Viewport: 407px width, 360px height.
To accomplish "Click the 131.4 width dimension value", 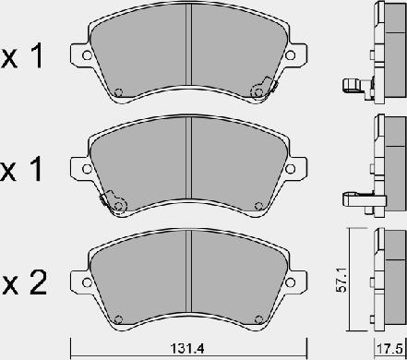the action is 187,349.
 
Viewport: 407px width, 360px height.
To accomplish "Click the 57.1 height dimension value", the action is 341,280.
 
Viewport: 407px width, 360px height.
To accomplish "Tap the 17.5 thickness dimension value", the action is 389,349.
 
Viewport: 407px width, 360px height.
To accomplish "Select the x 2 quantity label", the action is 24,282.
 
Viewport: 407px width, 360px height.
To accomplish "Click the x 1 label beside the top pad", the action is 22,55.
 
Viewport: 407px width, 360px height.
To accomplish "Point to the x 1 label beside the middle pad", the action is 22,169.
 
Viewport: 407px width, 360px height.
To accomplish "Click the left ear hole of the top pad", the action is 87,55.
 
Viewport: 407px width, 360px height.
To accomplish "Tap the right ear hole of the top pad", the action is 290,55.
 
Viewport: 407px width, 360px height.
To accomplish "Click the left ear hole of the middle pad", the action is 87,169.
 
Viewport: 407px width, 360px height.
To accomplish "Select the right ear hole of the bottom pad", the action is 290,282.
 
